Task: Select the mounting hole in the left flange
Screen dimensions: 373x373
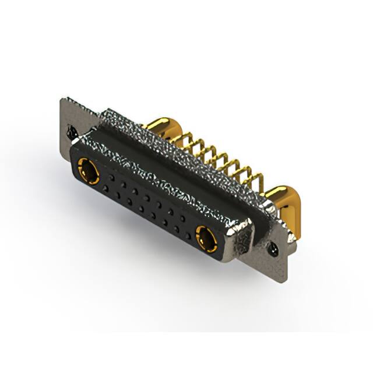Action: point(72,132)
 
